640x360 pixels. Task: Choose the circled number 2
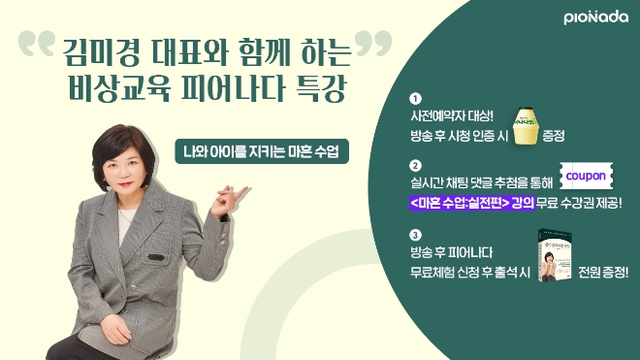click(x=415, y=165)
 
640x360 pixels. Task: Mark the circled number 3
click(x=415, y=235)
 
